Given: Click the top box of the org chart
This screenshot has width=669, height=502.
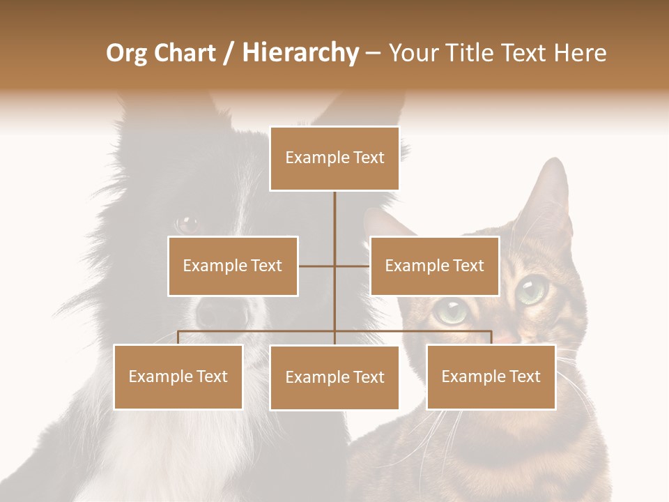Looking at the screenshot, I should [334, 158].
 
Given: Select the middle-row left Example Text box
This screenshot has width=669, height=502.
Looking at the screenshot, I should [233, 266].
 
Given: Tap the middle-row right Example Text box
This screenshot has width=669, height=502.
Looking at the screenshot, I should [434, 266].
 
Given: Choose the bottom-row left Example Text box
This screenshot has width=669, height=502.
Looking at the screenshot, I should [178, 376].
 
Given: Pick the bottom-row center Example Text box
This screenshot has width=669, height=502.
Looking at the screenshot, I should [334, 377].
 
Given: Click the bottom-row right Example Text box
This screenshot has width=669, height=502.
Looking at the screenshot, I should [491, 376].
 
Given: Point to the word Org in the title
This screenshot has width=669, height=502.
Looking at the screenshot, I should [126, 54].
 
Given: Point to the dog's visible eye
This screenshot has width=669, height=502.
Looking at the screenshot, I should [187, 224].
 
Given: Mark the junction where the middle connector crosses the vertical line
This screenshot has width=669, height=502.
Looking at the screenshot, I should [334, 266].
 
